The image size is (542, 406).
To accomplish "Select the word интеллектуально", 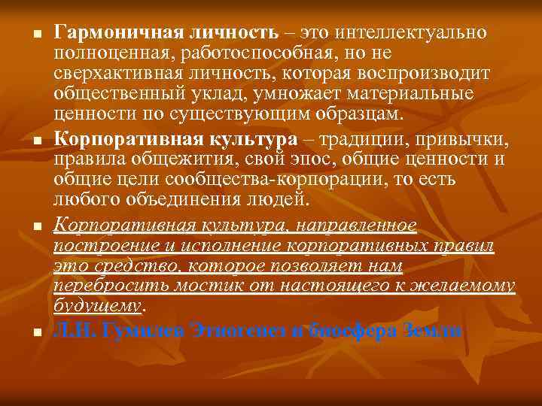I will pyautogui.click(x=411, y=33).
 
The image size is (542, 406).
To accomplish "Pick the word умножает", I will pyautogui.click(x=290, y=94).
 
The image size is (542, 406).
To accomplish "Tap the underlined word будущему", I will pyautogui.click(x=97, y=305).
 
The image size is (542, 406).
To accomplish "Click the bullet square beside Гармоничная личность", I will pyautogui.click(x=26, y=35).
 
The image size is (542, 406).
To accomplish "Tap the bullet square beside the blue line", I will pyautogui.click(x=26, y=331).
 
